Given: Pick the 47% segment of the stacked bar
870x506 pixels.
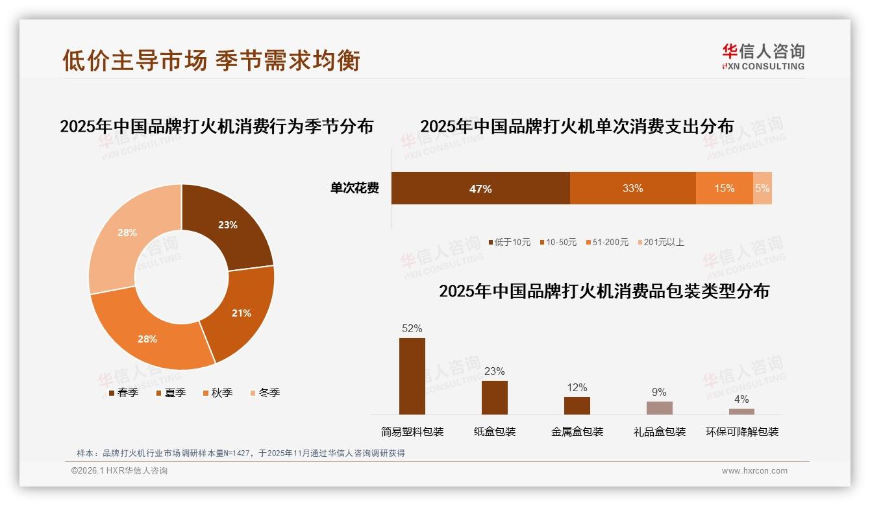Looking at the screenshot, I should [x=480, y=188].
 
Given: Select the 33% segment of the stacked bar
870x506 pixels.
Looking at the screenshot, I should [x=632, y=188].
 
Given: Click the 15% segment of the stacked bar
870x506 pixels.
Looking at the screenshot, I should [x=724, y=188].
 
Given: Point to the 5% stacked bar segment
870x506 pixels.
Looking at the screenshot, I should [x=762, y=188].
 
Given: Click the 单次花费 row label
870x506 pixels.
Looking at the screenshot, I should [x=354, y=188].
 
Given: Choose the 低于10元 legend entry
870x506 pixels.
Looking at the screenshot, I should [x=509, y=242].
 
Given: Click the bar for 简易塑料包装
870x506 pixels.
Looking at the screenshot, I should [x=412, y=376].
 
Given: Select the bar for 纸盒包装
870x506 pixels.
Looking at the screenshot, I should [x=494, y=397].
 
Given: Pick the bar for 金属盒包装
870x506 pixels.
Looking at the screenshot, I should [x=577, y=405].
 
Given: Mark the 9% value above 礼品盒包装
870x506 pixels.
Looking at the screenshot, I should [x=659, y=392].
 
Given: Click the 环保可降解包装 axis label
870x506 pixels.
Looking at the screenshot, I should [x=741, y=431].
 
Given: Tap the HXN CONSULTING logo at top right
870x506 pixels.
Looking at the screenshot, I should [x=763, y=57].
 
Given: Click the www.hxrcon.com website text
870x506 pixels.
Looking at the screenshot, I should [x=754, y=471].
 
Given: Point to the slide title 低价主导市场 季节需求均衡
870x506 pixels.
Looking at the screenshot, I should [x=211, y=60].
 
